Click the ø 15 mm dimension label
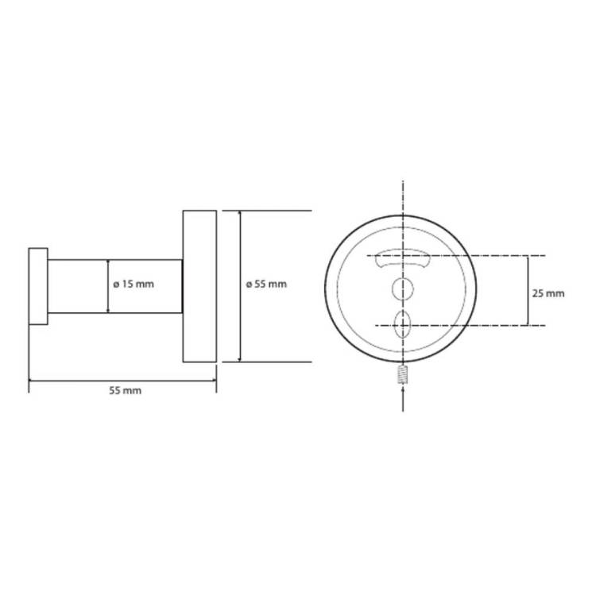pyautogui.click(x=134, y=284)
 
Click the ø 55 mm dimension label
pyautogui.click(x=266, y=284)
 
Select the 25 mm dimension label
pyautogui.click(x=548, y=293)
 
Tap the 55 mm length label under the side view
pyautogui.click(x=125, y=391)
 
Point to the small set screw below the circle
pyautogui.click(x=403, y=374)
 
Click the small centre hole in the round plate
pyautogui.click(x=403, y=289)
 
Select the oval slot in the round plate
pyautogui.click(x=403, y=324)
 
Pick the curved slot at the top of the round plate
pyautogui.click(x=403, y=258)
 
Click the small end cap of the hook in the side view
pyautogui.click(x=38, y=286)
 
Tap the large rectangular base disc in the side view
pyautogui.click(x=199, y=286)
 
